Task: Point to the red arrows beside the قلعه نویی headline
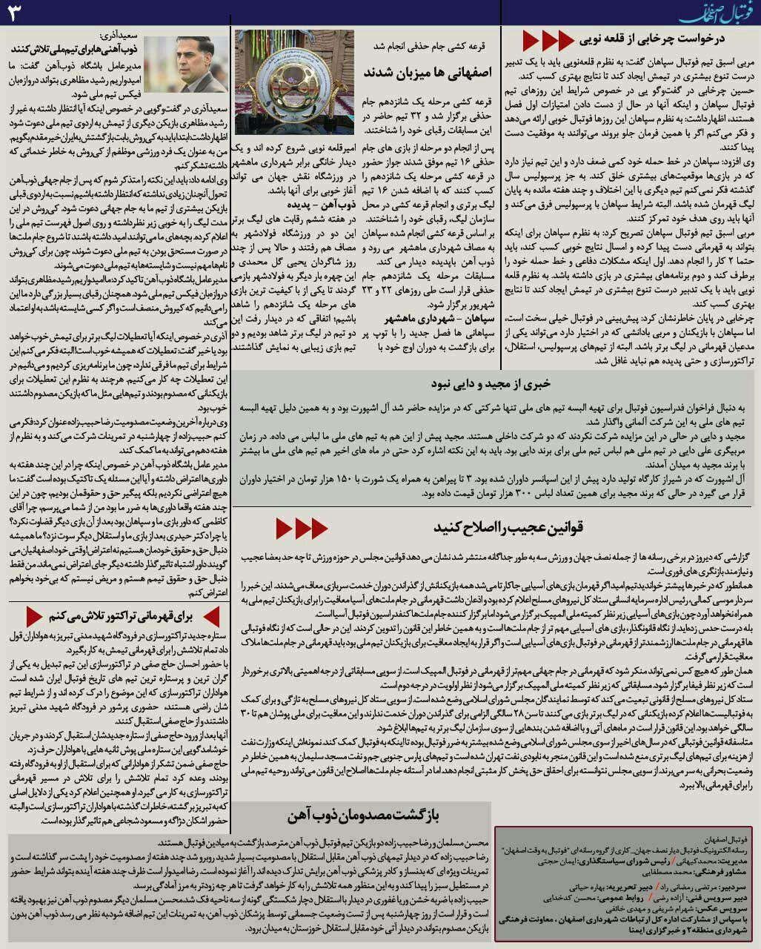548,39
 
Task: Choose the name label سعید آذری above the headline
119,36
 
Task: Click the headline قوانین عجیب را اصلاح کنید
509,527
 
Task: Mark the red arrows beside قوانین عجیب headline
302,528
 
